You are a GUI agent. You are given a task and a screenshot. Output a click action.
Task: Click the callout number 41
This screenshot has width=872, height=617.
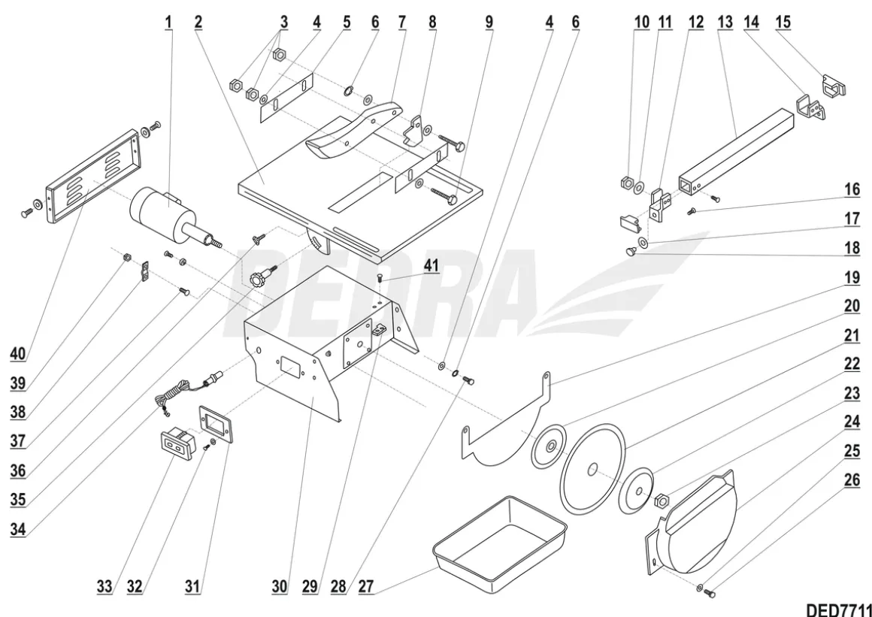pos(431,265)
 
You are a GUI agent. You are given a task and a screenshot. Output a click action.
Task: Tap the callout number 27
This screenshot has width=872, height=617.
pos(367,587)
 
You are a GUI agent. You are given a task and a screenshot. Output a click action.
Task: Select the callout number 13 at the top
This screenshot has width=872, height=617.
pos(725,23)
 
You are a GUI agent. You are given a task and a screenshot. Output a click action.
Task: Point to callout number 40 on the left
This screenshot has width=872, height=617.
pos(18,353)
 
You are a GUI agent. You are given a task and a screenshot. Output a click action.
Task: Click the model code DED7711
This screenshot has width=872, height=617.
pos(839,609)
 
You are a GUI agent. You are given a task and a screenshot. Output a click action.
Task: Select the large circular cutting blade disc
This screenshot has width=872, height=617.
pos(592,468)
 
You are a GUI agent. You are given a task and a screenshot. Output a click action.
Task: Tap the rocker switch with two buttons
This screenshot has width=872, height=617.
pos(177,445)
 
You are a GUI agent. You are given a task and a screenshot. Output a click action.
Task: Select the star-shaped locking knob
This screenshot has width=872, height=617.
pos(262,277)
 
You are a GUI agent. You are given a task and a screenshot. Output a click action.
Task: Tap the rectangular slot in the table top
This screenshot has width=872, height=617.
pos(359,192)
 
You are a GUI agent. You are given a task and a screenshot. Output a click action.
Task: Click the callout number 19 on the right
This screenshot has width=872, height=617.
pos(852,277)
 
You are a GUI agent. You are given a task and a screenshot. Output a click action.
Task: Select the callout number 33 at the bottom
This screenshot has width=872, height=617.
pos(105,587)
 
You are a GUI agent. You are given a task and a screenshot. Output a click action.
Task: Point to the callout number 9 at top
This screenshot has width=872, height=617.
pos(489,23)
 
